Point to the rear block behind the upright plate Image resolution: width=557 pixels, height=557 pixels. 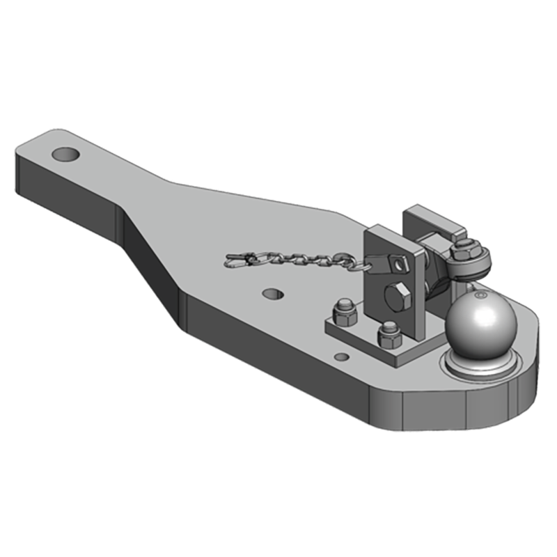(435, 221)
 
